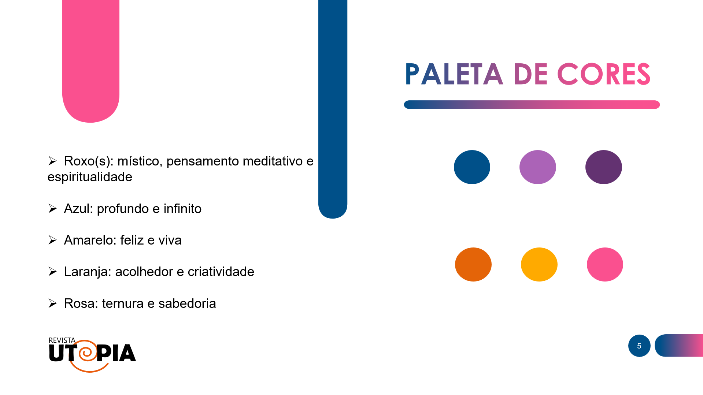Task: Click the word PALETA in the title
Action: [454, 74]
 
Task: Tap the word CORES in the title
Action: [603, 74]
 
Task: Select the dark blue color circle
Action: [472, 167]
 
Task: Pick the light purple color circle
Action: [537, 167]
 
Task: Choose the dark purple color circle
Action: [603, 167]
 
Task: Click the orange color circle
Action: [473, 264]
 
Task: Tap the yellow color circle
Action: [539, 264]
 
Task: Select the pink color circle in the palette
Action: [605, 264]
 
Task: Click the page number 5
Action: [639, 346]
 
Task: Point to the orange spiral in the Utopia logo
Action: [87, 353]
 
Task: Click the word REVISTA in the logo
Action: [62, 340]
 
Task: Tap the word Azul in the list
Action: [78, 209]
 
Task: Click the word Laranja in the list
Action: [87, 272]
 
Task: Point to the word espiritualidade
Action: [90, 177]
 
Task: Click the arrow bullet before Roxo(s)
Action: [52, 161]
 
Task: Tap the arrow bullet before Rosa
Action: [52, 303]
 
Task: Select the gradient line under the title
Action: [532, 105]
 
